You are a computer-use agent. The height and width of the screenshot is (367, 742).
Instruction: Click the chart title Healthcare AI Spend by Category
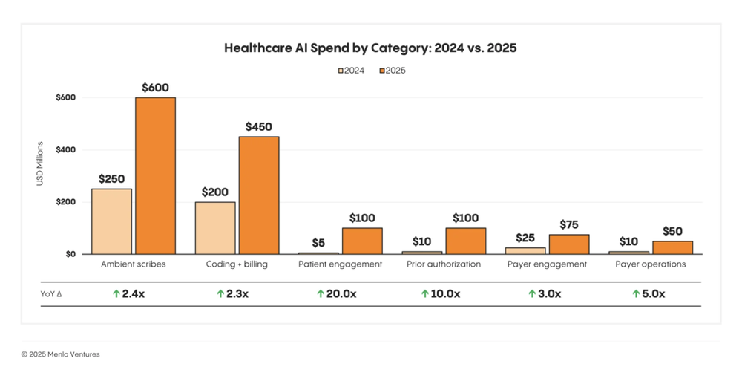click(370, 48)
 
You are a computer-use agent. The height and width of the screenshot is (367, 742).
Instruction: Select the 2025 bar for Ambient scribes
click(155, 176)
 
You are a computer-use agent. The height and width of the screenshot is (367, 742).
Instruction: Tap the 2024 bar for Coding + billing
click(215, 228)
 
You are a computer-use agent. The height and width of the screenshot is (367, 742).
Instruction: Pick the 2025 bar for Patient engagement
click(362, 241)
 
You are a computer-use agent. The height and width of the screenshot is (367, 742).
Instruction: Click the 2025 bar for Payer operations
click(672, 247)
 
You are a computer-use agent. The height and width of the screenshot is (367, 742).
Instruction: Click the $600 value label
click(155, 88)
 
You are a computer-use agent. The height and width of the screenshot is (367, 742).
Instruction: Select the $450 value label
click(259, 126)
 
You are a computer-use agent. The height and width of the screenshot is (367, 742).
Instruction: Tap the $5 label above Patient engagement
click(318, 242)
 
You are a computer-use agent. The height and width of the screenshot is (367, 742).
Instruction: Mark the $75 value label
click(569, 224)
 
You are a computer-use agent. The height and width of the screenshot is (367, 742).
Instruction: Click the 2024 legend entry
click(352, 71)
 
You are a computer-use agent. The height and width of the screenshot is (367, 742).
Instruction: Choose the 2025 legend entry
click(393, 71)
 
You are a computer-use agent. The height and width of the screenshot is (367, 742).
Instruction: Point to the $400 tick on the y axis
click(65, 150)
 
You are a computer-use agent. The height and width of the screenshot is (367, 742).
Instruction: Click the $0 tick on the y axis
click(70, 254)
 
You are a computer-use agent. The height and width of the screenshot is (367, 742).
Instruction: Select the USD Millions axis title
click(41, 163)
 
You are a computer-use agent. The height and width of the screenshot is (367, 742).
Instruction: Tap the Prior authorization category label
click(444, 264)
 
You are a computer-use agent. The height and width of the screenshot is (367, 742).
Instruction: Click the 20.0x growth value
click(341, 294)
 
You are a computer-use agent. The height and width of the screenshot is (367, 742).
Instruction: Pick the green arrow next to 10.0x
click(424, 294)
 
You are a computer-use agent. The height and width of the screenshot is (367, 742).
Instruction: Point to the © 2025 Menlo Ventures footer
click(60, 354)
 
